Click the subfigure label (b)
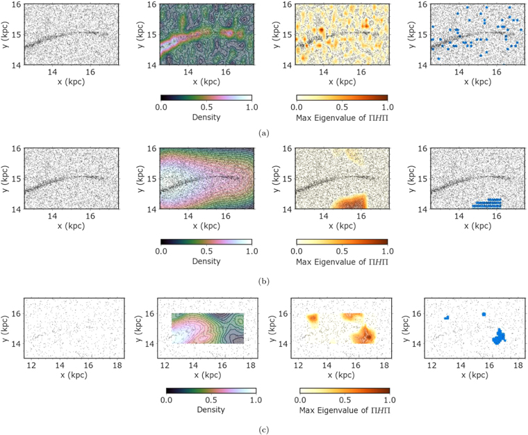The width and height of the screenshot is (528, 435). [x=264, y=281]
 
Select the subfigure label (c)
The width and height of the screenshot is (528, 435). [x=264, y=429]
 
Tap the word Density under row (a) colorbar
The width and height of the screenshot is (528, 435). [x=206, y=117]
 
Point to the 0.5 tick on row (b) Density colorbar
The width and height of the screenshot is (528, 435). [x=206, y=251]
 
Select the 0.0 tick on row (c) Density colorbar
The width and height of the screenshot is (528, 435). [x=167, y=401]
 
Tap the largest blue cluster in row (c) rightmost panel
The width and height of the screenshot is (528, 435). [x=499, y=336]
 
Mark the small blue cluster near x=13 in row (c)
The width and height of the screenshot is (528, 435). [x=447, y=317]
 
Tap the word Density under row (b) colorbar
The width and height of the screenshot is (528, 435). [x=206, y=261]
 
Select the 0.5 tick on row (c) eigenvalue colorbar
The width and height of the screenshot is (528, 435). [x=344, y=401]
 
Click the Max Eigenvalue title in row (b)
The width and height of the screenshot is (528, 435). [x=341, y=261]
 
